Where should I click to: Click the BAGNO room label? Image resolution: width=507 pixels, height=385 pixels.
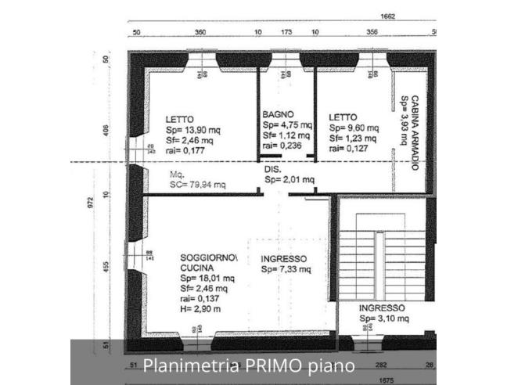(278, 114)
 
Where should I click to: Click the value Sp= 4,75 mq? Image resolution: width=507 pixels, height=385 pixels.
(287, 124)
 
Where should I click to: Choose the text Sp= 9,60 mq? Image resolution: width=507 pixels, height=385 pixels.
(354, 128)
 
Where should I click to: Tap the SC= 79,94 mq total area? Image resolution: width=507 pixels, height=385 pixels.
(198, 185)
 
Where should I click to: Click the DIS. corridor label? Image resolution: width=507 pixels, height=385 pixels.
(272, 169)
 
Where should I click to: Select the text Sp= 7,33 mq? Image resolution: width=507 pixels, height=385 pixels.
(286, 270)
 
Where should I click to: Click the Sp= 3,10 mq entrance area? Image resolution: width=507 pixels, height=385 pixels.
(384, 318)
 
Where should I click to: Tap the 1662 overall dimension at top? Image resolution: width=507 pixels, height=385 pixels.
(387, 16)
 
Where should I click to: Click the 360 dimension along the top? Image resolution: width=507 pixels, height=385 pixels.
(200, 34)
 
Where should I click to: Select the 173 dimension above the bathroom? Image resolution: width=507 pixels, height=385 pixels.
(286, 34)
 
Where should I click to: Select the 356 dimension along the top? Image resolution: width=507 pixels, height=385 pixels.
(372, 34)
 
